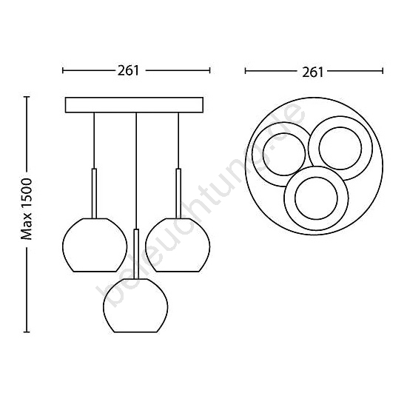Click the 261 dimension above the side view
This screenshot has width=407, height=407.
coord(128,70)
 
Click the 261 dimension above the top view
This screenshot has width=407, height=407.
coord(312,72)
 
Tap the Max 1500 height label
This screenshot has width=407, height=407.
coord(27,209)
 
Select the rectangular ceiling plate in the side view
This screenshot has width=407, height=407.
coord(134,105)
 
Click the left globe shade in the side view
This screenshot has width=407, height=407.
coord(95,245)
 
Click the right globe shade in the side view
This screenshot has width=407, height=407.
coord(178,245)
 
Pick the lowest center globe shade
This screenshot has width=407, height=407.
coord(135,306)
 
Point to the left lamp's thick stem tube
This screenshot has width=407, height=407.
coord(95,193)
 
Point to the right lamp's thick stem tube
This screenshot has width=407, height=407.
coord(178,193)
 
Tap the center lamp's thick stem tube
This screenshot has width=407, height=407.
coord(136,254)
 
